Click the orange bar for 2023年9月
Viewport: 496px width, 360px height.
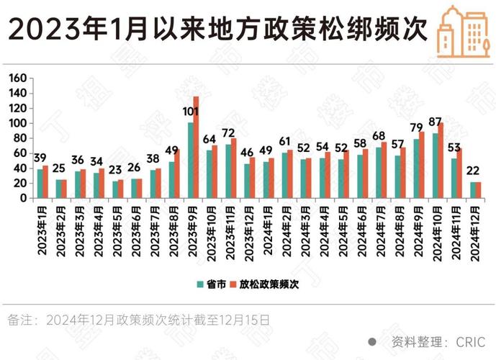196,148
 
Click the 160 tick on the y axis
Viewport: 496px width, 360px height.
19,78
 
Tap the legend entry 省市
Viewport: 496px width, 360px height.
209,284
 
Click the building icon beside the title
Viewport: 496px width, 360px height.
459,30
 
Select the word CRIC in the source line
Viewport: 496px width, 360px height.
471,341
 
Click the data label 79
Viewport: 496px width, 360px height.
416,128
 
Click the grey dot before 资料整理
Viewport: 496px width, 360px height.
371,341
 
